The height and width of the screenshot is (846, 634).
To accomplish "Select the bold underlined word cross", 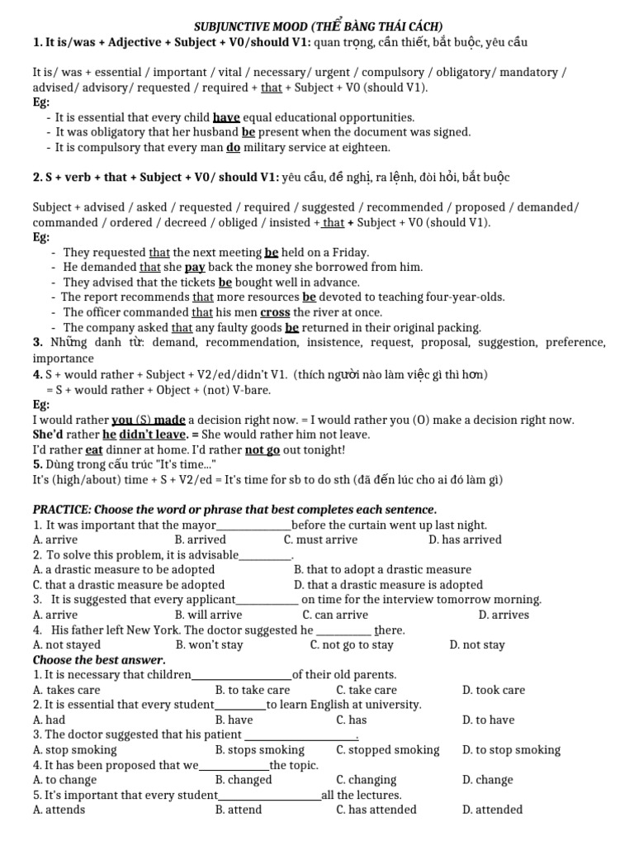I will tap(275, 311).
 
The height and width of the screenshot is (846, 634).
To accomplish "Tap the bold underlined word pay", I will tap(195, 267).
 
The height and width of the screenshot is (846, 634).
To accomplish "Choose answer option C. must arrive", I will tap(320, 539).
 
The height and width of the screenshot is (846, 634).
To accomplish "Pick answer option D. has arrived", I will tap(465, 539).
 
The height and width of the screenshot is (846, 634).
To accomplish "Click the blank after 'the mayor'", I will tap(253, 525).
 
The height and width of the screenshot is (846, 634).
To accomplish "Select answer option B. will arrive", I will tap(208, 615).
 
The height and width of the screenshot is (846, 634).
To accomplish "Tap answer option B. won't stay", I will tap(209, 644).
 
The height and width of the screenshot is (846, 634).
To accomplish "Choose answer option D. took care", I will tap(493, 690).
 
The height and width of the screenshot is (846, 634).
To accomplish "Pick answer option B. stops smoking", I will tap(259, 750).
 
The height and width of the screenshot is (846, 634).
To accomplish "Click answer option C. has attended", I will tap(376, 810).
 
